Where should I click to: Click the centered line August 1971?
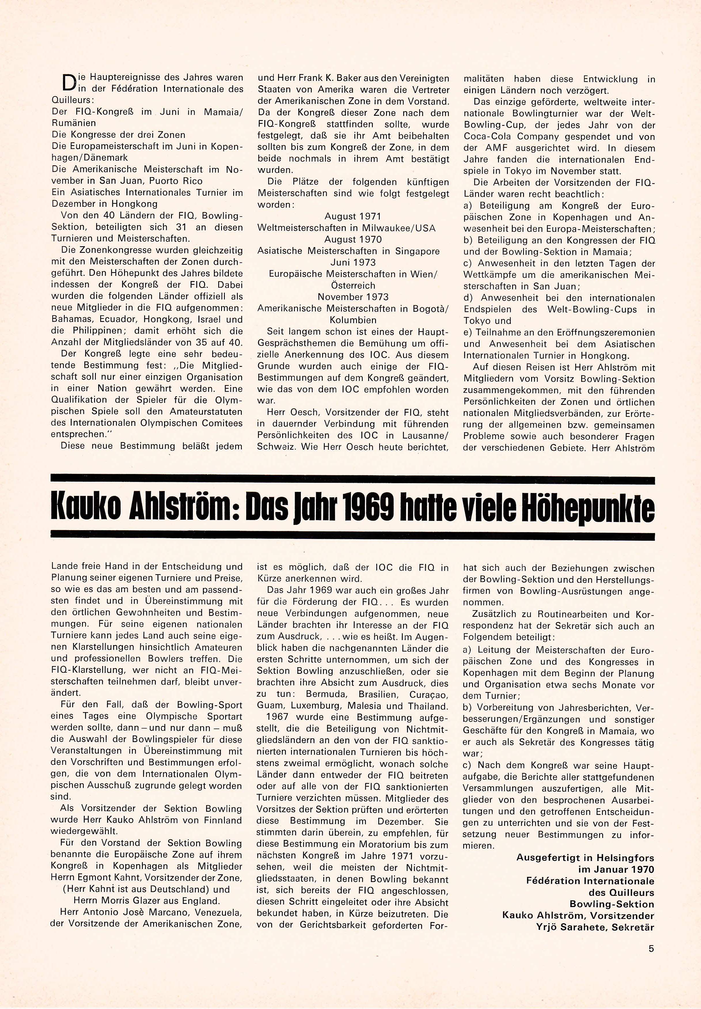[353, 216]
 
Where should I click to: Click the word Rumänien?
[74, 123]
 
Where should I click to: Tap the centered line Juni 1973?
[353, 262]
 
